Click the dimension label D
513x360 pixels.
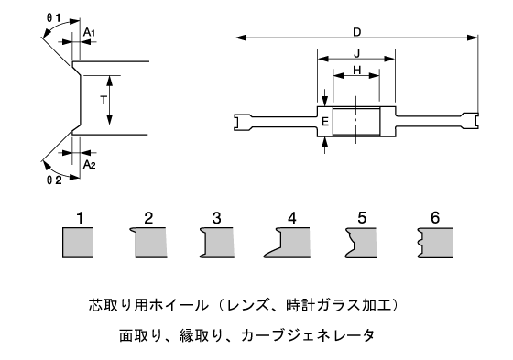click(356, 32)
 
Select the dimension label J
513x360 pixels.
click(357, 53)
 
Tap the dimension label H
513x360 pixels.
click(357, 70)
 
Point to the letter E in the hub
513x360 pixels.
click(325, 122)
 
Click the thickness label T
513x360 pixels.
click(104, 100)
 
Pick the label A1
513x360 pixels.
click(90, 33)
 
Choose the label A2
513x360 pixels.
click(90, 165)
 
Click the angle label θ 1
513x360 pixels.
click(53, 18)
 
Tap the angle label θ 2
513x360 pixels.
click(54, 180)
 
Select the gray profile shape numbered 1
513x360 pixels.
click(78, 243)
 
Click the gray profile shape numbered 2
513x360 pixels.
click(149, 243)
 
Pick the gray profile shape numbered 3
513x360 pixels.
click(217, 243)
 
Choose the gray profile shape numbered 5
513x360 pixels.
click(361, 243)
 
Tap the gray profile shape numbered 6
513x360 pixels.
click(436, 243)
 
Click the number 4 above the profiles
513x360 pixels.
click(292, 218)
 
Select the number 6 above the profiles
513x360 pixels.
click(435, 218)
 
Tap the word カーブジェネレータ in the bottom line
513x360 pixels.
click(308, 335)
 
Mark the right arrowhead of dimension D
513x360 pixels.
click(473, 38)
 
